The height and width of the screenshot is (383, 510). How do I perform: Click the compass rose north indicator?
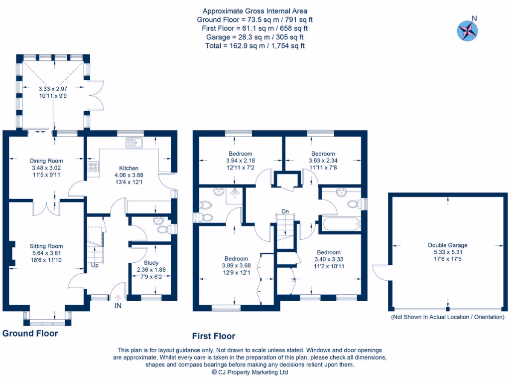tap(467, 29)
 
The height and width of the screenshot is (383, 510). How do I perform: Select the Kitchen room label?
tap(128, 168)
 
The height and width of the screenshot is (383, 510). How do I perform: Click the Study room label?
tap(151, 263)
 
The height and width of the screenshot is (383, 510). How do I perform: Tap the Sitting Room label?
tap(46, 246)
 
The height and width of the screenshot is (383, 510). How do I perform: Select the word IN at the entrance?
tap(118, 306)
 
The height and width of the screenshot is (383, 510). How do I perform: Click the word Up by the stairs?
tap(94, 266)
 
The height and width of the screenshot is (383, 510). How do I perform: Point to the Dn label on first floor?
tap(285, 212)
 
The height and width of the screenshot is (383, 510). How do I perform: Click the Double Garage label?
tap(447, 245)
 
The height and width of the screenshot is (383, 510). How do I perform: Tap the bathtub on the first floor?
tap(341, 223)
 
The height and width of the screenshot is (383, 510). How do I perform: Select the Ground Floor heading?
tap(30, 334)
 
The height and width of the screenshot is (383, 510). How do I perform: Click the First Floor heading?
tap(214, 336)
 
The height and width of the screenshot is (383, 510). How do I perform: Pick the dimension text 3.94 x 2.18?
tap(241, 161)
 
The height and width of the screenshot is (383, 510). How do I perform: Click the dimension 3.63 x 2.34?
tap(323, 161)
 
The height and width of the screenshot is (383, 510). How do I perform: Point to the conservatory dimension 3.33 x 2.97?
tap(52, 89)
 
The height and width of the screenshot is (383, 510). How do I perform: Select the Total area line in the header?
tap(255, 46)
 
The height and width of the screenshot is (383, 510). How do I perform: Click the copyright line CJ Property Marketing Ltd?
tap(250, 372)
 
